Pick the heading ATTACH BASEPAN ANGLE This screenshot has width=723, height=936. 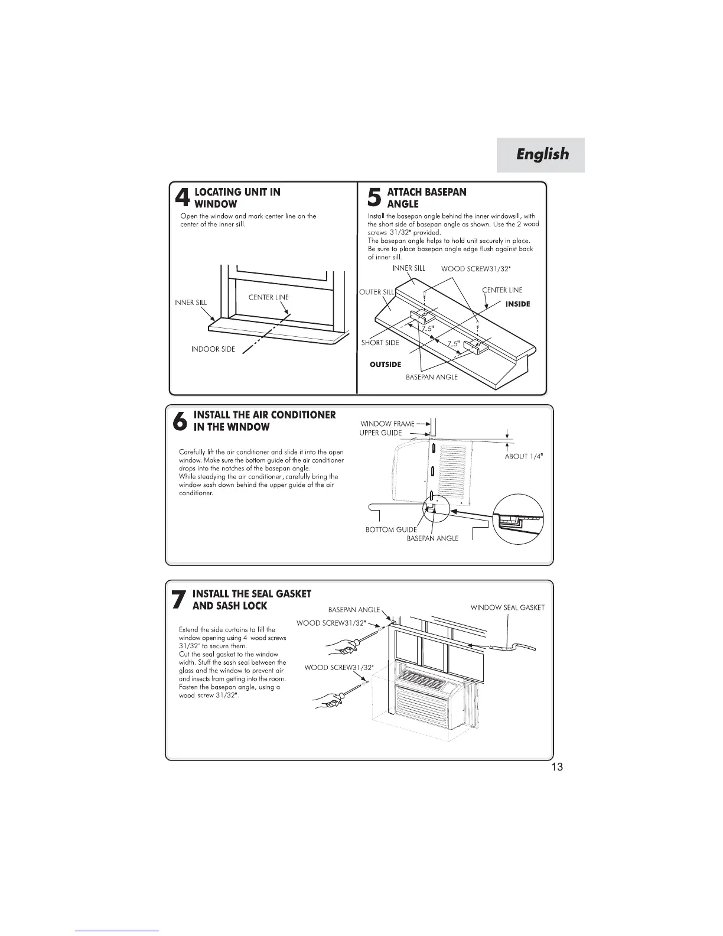click(x=426, y=198)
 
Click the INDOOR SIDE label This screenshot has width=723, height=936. click(x=213, y=349)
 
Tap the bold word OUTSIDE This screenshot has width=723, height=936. click(x=385, y=365)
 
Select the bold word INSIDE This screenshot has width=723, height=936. click(x=518, y=304)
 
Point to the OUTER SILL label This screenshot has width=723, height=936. click(x=376, y=292)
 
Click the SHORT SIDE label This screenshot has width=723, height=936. click(x=380, y=343)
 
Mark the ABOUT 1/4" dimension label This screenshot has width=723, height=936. click(x=524, y=456)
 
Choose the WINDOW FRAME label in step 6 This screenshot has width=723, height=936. click(x=387, y=424)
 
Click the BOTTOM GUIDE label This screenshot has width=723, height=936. click(x=391, y=529)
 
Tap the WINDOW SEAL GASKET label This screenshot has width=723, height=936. click(x=507, y=607)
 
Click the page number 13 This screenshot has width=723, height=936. click(x=556, y=767)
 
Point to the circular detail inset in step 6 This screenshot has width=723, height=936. click(x=518, y=519)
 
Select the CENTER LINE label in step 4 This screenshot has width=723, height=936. click(x=269, y=297)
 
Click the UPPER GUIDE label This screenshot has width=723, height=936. click(x=380, y=433)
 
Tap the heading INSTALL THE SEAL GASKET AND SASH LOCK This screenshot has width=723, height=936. click(x=252, y=600)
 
